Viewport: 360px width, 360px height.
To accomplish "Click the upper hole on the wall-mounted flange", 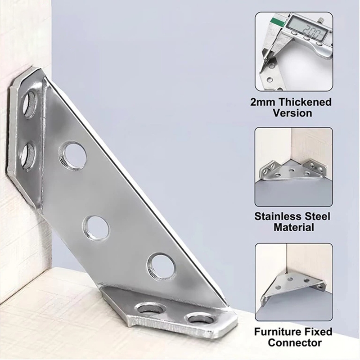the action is pos(30,104).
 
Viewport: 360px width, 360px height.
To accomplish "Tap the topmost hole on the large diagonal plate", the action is pos(72,156).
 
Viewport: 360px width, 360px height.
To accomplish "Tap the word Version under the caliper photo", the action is pos(292,113).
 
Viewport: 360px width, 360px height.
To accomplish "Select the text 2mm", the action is pos(263,102).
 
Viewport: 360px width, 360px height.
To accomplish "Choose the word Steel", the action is pos(319,216).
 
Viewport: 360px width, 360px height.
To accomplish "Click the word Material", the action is pos(294,228).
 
